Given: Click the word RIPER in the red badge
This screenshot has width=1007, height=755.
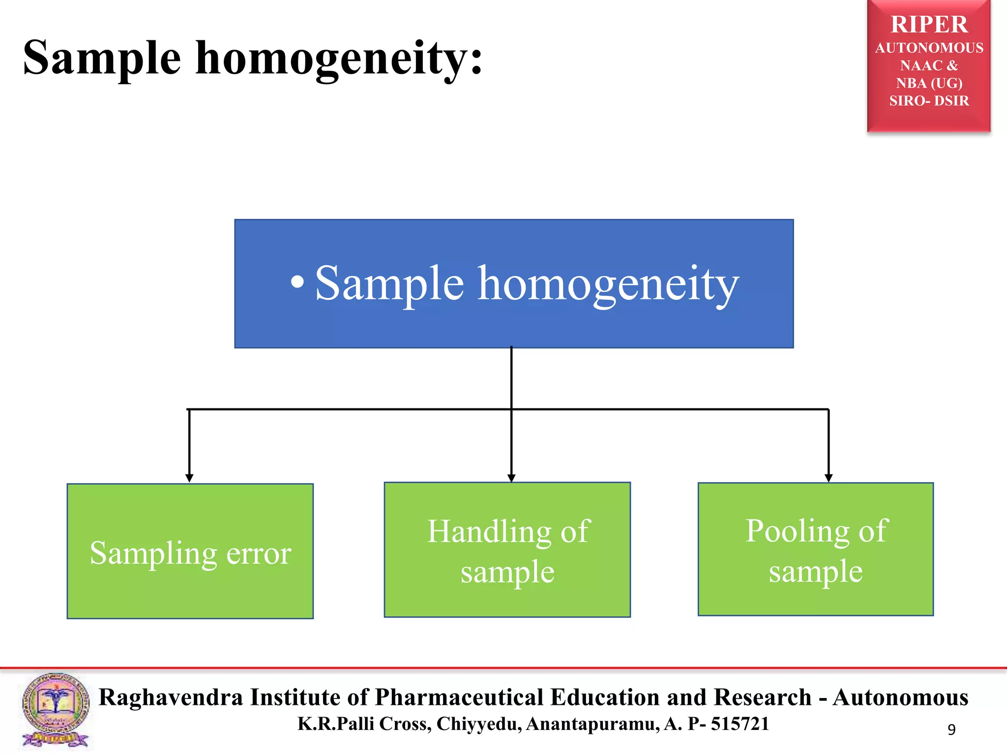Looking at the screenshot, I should (x=929, y=25).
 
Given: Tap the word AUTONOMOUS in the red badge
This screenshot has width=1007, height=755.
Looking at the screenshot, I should (x=929, y=48).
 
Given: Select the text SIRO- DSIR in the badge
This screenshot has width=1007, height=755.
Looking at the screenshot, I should (x=929, y=101).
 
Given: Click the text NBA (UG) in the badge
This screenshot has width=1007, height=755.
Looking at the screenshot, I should (x=929, y=83).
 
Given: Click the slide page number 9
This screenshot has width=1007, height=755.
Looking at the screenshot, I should (x=951, y=729).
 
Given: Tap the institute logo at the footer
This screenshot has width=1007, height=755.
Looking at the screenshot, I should (x=56, y=710).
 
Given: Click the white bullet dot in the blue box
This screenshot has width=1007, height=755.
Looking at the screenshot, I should (x=297, y=282).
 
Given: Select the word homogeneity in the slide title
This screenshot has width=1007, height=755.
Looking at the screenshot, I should (x=339, y=59).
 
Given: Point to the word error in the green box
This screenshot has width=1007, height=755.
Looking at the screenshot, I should (x=259, y=553).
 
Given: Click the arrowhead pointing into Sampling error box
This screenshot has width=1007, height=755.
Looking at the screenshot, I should (x=189, y=478).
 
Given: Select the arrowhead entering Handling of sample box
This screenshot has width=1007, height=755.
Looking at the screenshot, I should (x=511, y=478).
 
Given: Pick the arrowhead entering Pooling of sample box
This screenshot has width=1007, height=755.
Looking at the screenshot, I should (x=829, y=478).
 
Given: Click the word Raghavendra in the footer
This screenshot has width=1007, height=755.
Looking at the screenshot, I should (x=171, y=697).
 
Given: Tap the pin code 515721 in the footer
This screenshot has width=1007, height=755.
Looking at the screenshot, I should (x=740, y=724).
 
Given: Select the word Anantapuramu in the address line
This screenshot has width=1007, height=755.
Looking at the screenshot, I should (x=592, y=724).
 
